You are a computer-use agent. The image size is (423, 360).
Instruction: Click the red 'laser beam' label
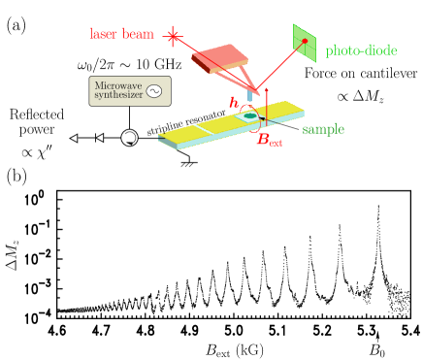[x=122, y=34]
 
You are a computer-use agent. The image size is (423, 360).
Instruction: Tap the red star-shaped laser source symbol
[x=174, y=37]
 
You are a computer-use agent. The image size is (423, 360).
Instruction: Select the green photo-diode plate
[x=305, y=42]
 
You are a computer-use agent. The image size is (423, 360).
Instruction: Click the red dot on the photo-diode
[x=305, y=41]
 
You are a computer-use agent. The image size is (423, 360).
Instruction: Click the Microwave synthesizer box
[x=130, y=91]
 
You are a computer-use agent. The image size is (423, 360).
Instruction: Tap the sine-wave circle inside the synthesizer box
[x=153, y=92]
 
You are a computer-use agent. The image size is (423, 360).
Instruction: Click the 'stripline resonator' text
[x=186, y=121]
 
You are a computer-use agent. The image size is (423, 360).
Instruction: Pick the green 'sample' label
[x=323, y=129]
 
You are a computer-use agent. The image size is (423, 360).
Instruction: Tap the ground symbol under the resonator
[x=187, y=163]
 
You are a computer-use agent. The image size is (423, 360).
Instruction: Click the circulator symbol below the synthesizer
[x=129, y=138]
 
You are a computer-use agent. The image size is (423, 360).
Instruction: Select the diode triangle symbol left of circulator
[x=99, y=138]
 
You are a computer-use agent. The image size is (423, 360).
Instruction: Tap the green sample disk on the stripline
[x=250, y=116]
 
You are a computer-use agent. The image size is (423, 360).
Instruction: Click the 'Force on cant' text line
[x=342, y=73]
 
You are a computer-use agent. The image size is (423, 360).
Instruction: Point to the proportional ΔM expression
[x=359, y=96]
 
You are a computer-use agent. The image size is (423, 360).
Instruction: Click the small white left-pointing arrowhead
[x=74, y=138]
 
